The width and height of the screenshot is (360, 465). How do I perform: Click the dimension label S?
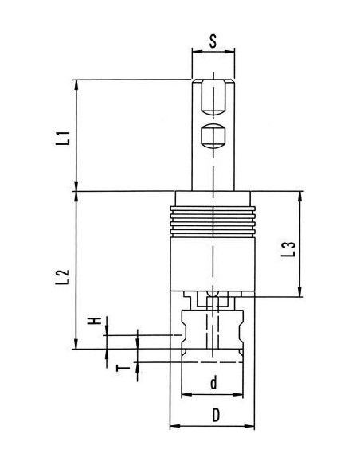[213, 41]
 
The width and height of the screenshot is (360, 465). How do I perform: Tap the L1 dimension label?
[63, 138]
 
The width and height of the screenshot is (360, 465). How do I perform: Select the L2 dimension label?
[63, 277]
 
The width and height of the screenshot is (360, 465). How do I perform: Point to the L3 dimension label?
[288, 249]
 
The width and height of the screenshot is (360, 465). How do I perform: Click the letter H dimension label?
[95, 321]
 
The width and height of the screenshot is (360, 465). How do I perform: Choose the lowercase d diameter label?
[213, 382]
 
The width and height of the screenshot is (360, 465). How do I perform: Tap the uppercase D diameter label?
[216, 415]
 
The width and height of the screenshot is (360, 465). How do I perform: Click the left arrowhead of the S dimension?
[198, 52]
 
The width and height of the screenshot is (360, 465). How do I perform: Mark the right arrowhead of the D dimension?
[249, 426]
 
